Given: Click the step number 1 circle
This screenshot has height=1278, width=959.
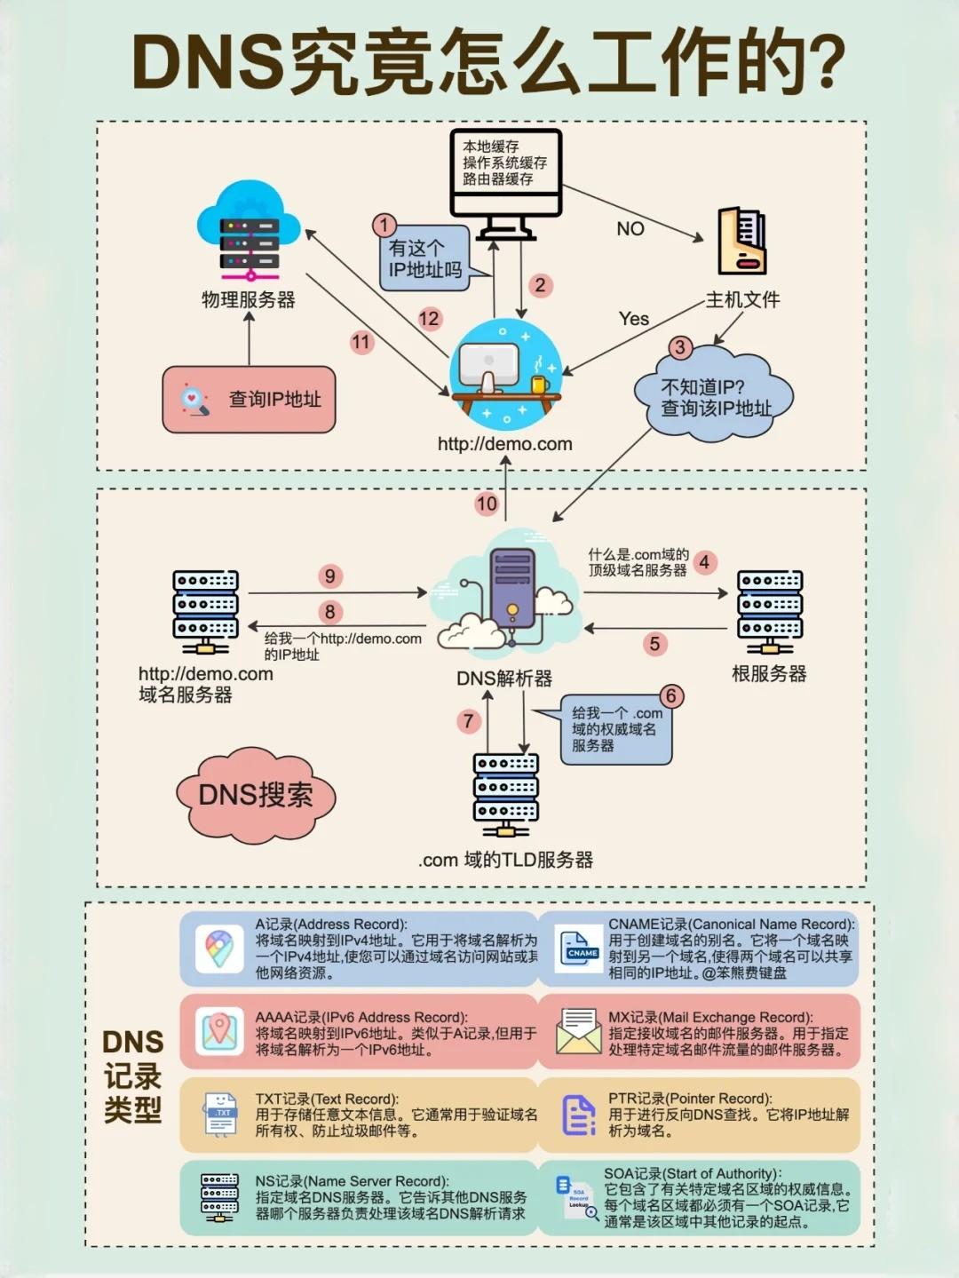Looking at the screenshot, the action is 384,226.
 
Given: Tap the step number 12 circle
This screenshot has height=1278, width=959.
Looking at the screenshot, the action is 429,319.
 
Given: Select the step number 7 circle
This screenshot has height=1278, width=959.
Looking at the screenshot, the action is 469,721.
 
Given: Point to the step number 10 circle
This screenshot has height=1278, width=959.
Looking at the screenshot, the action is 487,504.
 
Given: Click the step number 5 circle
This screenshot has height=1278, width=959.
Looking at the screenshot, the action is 654,644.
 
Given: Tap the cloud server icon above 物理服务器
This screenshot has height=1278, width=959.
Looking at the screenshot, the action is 249,231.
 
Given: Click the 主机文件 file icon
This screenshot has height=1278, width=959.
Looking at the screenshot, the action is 741,241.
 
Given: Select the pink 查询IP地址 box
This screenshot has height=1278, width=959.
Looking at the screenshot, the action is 249,400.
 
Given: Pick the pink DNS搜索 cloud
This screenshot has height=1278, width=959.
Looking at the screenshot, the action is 256,795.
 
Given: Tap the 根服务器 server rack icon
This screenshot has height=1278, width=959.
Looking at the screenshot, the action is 770,611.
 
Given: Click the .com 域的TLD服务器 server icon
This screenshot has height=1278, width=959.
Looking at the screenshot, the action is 505,796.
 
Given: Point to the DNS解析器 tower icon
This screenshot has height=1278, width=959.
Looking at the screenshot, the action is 512,589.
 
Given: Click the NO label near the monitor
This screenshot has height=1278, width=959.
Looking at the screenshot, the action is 630,229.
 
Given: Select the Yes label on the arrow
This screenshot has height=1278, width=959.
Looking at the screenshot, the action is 634,319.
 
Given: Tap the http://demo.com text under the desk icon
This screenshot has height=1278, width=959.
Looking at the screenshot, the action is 505,444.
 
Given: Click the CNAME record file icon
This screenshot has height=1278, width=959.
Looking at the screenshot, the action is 578,949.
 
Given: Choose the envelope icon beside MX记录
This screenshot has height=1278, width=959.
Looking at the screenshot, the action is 579,1031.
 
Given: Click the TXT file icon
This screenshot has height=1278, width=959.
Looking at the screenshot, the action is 219,1114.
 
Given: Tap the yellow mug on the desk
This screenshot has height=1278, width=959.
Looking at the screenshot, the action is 540,385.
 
